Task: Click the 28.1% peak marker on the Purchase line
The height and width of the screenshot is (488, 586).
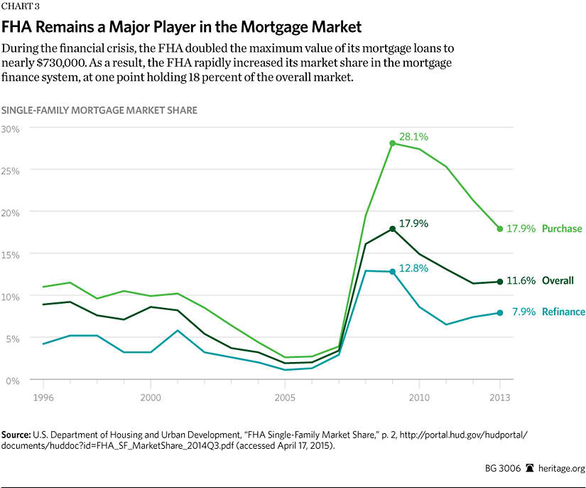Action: click(392, 143)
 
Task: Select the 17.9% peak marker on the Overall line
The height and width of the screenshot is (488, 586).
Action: click(392, 228)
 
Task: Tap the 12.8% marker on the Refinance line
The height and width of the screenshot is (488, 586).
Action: click(392, 272)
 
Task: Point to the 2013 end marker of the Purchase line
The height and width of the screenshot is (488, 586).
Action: click(500, 228)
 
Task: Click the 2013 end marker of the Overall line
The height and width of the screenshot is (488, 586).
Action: click(500, 282)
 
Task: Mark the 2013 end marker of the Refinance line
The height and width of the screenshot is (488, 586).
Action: click(500, 312)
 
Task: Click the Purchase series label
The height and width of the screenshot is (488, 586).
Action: click(562, 229)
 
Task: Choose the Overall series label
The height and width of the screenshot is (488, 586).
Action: click(558, 281)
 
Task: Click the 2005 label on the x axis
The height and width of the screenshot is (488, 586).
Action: click(285, 395)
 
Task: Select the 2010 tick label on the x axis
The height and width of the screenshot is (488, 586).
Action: click(418, 395)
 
